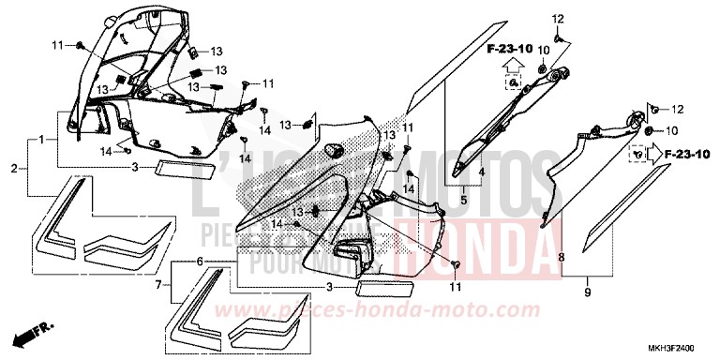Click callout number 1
pyautogui.click(x=42, y=140)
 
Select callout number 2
pyautogui.click(x=14, y=169)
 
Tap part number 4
pyautogui.click(x=482, y=172)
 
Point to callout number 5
pyautogui.click(x=462, y=200)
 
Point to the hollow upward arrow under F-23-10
pyautogui.click(x=511, y=65)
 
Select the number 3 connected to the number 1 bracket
pyautogui.click(x=135, y=168)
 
